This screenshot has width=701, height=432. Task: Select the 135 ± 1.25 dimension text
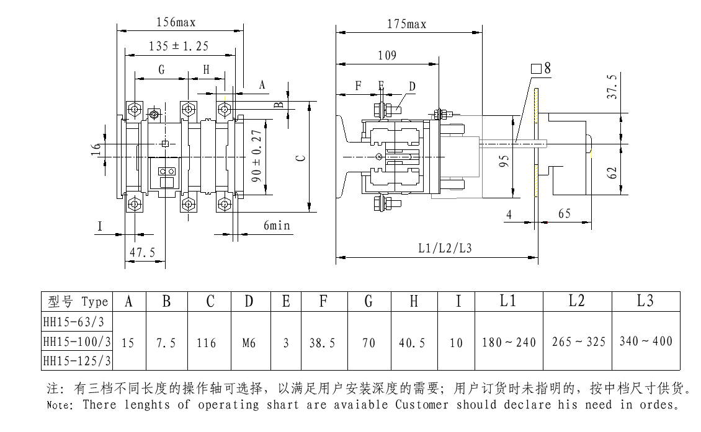tap(179, 46)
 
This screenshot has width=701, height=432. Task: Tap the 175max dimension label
tap(406, 24)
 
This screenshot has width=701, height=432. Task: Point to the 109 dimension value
tap(386, 56)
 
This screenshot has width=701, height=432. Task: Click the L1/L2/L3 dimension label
tap(445, 249)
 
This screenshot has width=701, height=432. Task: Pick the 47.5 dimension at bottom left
tap(141, 252)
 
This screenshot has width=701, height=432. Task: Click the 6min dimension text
tap(277, 226)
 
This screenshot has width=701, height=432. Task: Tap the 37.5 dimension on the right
tap(612, 87)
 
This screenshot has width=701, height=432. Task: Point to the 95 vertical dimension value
tap(506, 161)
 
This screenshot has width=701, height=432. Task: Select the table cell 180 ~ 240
tap(508, 342)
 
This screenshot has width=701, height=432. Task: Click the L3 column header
tap(645, 302)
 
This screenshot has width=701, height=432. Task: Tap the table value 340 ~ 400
tap(645, 342)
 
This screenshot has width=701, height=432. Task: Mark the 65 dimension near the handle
tap(564, 214)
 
